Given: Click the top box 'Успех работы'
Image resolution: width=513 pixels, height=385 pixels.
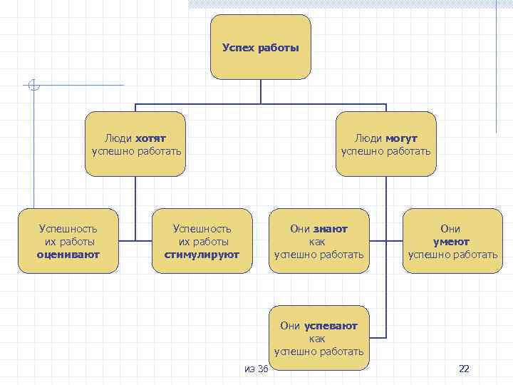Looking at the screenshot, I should pyautogui.click(x=260, y=47).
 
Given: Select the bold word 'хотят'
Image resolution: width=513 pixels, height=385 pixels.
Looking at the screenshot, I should pyautogui.click(x=150, y=138).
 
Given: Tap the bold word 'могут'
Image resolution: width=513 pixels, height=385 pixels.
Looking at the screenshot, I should pyautogui.click(x=402, y=138).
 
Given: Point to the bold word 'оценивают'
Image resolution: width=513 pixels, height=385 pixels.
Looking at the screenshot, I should pyautogui.click(x=68, y=255).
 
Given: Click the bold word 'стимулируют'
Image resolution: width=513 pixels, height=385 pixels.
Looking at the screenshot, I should pyautogui.click(x=202, y=255).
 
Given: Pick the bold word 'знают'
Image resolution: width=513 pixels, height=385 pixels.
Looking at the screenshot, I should pyautogui.click(x=330, y=229).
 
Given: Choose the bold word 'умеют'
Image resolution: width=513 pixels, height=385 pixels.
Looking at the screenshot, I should pyautogui.click(x=451, y=242).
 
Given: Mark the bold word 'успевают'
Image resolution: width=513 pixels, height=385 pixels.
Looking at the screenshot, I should pyautogui.click(x=331, y=326).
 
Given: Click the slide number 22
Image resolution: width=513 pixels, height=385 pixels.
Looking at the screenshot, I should pyautogui.click(x=464, y=369).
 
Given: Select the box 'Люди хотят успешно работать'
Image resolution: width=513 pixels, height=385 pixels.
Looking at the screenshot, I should pyautogui.click(x=135, y=144).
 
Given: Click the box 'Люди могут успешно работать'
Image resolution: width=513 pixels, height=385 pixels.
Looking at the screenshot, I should pyautogui.click(x=385, y=144).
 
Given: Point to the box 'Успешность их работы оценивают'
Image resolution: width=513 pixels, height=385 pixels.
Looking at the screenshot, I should pyautogui.click(x=68, y=241).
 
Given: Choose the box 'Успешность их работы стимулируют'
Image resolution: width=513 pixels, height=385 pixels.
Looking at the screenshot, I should pyautogui.click(x=202, y=241).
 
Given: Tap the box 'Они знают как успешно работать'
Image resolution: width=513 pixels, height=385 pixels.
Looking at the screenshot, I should pyautogui.click(x=318, y=241).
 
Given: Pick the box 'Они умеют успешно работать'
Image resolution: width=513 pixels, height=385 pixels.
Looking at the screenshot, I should pyautogui.click(x=452, y=241).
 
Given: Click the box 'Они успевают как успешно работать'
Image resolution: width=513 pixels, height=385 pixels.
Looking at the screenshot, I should pyautogui.click(x=318, y=339).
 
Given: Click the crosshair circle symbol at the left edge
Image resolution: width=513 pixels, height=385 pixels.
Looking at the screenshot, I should pyautogui.click(x=32, y=86).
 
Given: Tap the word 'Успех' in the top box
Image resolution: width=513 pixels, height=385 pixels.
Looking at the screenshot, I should pyautogui.click(x=237, y=48).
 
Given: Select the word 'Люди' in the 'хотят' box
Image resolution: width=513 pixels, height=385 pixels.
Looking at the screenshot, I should pyautogui.click(x=118, y=138).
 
